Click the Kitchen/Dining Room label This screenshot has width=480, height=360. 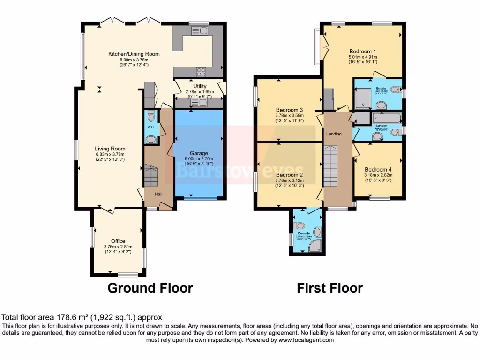click(134, 54)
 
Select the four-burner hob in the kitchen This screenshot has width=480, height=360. click(201, 72)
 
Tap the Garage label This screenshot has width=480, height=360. click(198, 153)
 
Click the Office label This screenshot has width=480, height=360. click(118, 241)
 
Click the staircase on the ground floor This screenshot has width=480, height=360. click(151, 175)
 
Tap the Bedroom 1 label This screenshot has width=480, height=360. click(362, 52)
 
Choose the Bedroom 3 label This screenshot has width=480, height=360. click(288, 110)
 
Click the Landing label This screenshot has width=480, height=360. click(334, 134)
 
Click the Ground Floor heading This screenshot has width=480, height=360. click(150, 288)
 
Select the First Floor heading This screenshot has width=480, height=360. click(330, 288)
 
